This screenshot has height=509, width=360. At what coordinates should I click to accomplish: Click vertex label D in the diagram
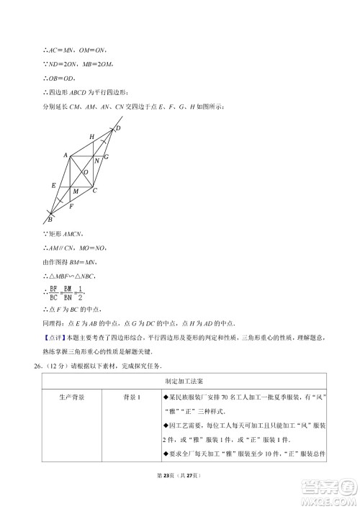tap(119, 128)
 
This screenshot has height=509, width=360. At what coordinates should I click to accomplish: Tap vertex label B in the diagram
tap(49, 219)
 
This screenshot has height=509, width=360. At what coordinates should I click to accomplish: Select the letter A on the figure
tap(66, 155)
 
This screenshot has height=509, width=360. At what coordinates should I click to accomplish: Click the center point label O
tap(86, 173)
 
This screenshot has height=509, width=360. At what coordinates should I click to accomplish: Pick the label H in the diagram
tap(91, 136)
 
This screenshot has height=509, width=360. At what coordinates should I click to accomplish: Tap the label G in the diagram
tap(107, 156)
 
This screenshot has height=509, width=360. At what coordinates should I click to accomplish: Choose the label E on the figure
tap(53, 186)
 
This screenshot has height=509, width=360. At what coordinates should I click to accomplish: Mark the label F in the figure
tap(71, 207)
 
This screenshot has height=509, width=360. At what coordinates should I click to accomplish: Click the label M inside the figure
tap(76, 192)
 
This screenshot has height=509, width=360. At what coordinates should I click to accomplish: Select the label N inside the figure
tap(96, 161)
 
